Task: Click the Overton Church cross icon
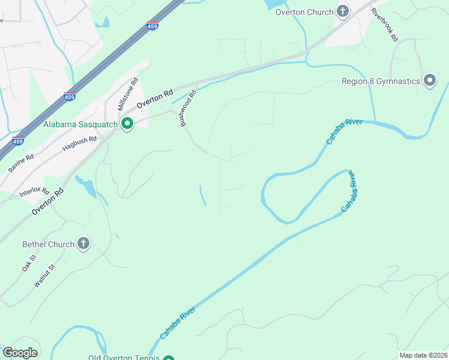tap(343, 11)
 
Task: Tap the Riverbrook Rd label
tap(384, 24)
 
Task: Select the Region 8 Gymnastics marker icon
tap(429, 81)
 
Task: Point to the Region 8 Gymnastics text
tap(380, 81)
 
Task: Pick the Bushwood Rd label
tap(187, 108)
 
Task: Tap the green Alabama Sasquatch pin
tap(127, 124)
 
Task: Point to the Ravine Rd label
tap(21, 163)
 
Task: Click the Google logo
tap(20, 353)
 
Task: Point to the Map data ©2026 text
tap(423, 355)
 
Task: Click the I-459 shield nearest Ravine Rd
tap(17, 140)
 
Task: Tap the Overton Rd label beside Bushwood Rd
tap(154, 98)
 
